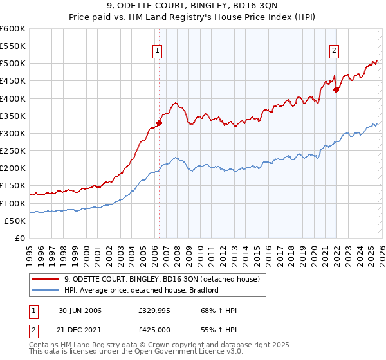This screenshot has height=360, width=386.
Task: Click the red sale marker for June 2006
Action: [159, 123]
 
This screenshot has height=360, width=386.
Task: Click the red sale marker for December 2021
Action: [336, 90]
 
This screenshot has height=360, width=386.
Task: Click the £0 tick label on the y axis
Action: [20, 238]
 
